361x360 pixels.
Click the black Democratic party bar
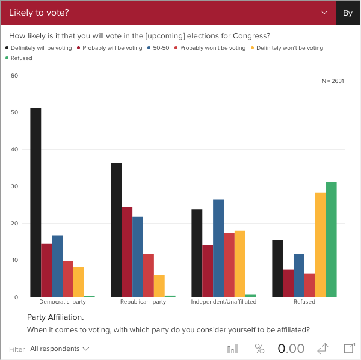click(35, 202)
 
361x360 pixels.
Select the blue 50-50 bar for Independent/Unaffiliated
click(218, 248)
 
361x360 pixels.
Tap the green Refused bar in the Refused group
click(331, 239)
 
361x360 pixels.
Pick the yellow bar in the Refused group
click(320, 245)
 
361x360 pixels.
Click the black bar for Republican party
click(116, 230)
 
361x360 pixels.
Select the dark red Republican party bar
click(127, 252)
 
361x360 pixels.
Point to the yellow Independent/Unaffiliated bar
click(239, 264)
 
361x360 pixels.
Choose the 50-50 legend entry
click(160, 48)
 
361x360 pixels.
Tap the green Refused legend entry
click(21, 58)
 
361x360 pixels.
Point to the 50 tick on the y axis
click(15, 112)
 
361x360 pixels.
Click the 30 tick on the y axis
click(15, 186)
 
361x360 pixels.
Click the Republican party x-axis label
click(143, 302)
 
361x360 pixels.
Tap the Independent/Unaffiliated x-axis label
click(224, 302)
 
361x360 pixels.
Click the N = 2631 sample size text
click(333, 81)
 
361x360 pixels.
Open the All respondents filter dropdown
click(60, 349)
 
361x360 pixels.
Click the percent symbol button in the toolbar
click(259, 349)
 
